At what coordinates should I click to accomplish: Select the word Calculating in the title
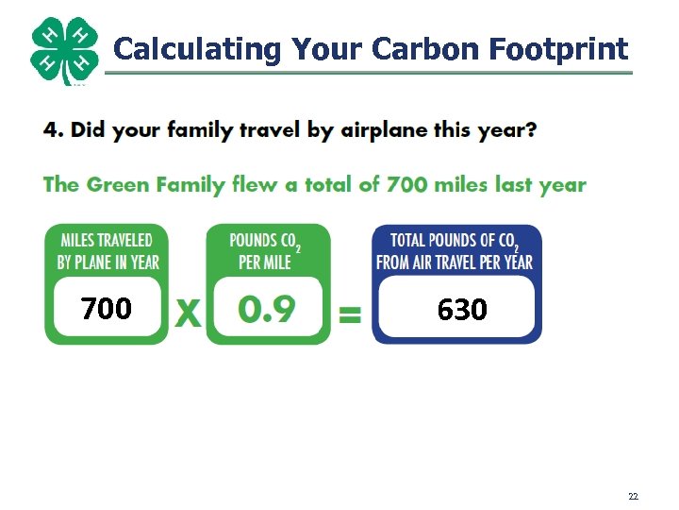click(x=197, y=48)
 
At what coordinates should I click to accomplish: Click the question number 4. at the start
click(x=54, y=130)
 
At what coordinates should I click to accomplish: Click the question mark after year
click(x=531, y=130)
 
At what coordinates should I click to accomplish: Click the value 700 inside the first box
click(x=106, y=309)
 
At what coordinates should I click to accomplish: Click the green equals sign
click(x=350, y=315)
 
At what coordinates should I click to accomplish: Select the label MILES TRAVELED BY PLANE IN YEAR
click(x=108, y=251)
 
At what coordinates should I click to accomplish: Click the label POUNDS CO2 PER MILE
click(x=267, y=251)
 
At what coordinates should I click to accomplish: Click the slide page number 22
click(x=633, y=496)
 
